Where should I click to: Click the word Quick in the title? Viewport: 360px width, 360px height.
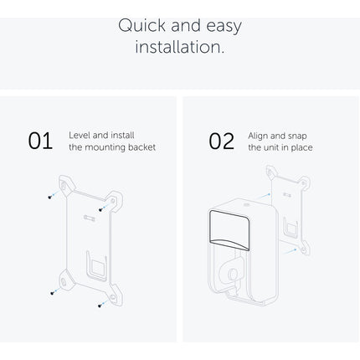pos(141,25)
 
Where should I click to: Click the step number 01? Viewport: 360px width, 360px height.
pos(40,141)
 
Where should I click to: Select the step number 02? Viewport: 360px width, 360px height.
pos(222,141)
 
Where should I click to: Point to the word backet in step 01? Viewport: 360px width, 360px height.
pos(141,147)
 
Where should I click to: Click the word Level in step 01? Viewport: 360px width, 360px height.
pos(80,136)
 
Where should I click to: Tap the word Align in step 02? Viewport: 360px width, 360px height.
pos(258,136)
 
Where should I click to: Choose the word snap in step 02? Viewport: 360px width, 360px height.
pos(296,136)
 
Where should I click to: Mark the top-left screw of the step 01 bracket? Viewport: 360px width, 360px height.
pos(50,197)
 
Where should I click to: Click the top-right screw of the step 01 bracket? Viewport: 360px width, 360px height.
pos(100,209)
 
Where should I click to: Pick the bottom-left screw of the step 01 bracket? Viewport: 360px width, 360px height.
pos(52,293)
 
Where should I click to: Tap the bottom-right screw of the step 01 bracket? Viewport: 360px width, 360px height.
pos(100,306)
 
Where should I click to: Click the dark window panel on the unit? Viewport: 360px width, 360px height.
pos(229,229)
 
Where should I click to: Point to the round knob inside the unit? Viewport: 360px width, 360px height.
pos(231,274)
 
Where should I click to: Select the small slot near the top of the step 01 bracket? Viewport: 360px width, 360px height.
pos(90,218)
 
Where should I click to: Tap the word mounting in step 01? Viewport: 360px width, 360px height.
pos(105,147)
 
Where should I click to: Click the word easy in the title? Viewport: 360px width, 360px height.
pos(224,26)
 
